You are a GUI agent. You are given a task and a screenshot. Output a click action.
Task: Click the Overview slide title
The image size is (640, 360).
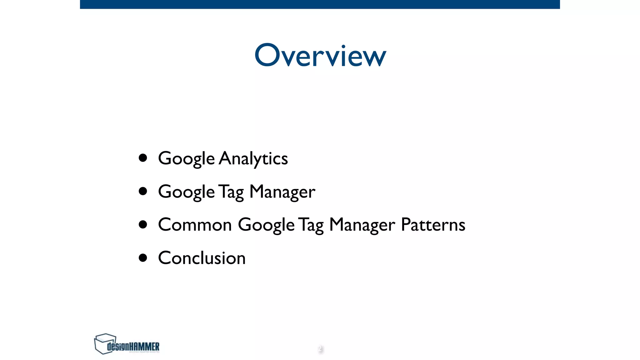tap(320, 55)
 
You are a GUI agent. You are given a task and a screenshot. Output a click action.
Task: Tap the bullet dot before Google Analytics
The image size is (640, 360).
tap(143, 158)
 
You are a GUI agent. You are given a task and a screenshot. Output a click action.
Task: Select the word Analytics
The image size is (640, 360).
tap(253, 158)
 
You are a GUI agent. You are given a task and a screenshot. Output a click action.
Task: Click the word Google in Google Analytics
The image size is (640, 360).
tap(186, 158)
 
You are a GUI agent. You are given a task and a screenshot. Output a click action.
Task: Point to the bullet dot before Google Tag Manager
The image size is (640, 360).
tap(143, 191)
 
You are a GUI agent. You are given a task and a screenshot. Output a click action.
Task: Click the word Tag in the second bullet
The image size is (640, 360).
tap(231, 192)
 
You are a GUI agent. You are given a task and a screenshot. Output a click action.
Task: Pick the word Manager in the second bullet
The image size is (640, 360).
tap(282, 192)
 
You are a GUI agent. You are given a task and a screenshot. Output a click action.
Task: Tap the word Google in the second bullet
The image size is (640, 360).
tap(186, 192)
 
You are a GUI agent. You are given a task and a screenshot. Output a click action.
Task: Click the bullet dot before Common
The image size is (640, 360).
tap(143, 224)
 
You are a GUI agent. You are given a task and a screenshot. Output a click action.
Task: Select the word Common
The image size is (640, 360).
tap(195, 225)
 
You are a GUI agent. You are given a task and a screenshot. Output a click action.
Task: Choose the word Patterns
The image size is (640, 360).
tap(433, 225)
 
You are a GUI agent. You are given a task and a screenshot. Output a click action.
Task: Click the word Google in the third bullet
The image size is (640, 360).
tap(266, 225)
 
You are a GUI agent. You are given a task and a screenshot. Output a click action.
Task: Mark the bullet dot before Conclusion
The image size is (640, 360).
tap(143, 258)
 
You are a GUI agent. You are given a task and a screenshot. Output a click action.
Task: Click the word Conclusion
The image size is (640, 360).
tap(202, 258)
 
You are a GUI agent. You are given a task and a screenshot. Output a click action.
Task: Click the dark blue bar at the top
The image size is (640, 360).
tap(320, 4)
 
